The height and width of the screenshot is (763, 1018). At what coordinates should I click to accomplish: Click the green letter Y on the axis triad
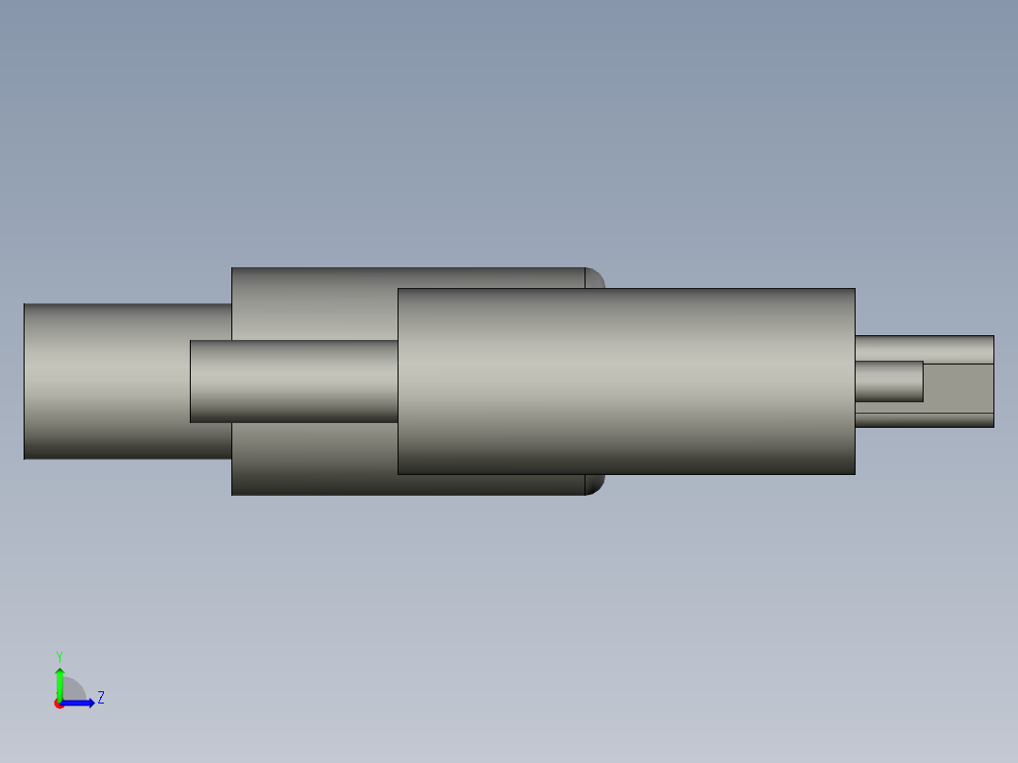(59, 655)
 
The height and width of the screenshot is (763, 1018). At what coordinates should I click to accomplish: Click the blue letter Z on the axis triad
(100, 698)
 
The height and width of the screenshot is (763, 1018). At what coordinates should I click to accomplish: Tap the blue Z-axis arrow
(81, 703)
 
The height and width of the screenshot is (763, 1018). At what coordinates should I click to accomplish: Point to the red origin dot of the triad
(59, 704)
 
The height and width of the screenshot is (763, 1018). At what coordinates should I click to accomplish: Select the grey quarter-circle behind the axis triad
(74, 689)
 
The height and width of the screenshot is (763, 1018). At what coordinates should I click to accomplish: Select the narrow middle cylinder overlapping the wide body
(293, 381)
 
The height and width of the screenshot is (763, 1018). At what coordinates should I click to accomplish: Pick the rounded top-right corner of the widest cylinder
(596, 277)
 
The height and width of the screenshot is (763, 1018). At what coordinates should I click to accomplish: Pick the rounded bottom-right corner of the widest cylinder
(596, 485)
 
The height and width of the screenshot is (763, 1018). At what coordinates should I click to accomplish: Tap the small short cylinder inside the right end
(888, 381)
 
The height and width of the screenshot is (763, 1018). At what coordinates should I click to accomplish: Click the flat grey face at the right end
(958, 387)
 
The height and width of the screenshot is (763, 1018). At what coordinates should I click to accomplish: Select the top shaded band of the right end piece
(924, 348)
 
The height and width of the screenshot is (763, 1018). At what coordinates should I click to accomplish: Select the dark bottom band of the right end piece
(924, 420)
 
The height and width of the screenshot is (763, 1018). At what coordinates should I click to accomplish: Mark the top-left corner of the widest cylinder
(232, 268)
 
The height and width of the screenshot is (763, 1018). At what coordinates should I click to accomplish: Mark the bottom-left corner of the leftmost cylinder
(25, 459)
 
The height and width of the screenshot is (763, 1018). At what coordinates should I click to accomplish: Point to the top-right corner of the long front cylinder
(854, 289)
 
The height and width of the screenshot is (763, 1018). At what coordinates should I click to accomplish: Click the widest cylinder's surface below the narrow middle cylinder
(312, 459)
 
